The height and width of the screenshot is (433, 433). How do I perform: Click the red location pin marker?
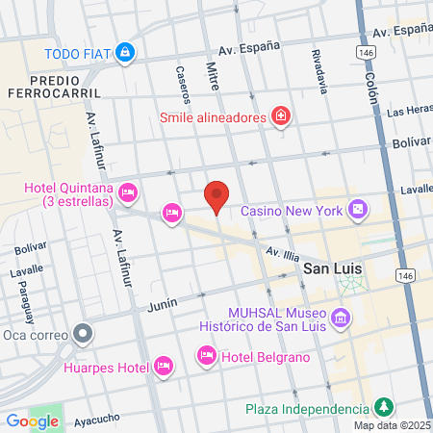(217, 195)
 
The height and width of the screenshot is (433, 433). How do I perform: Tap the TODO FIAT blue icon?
(124, 52)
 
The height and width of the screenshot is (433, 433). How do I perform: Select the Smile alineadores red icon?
(280, 117)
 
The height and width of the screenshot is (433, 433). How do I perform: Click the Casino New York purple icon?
(358, 209)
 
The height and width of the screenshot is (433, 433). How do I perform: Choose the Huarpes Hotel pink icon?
(163, 366)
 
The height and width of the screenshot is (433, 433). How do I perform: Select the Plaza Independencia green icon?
(383, 408)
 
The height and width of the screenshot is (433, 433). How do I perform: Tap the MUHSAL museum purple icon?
(340, 318)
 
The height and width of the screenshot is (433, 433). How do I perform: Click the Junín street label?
(164, 304)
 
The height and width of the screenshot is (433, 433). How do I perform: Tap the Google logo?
(32, 420)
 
